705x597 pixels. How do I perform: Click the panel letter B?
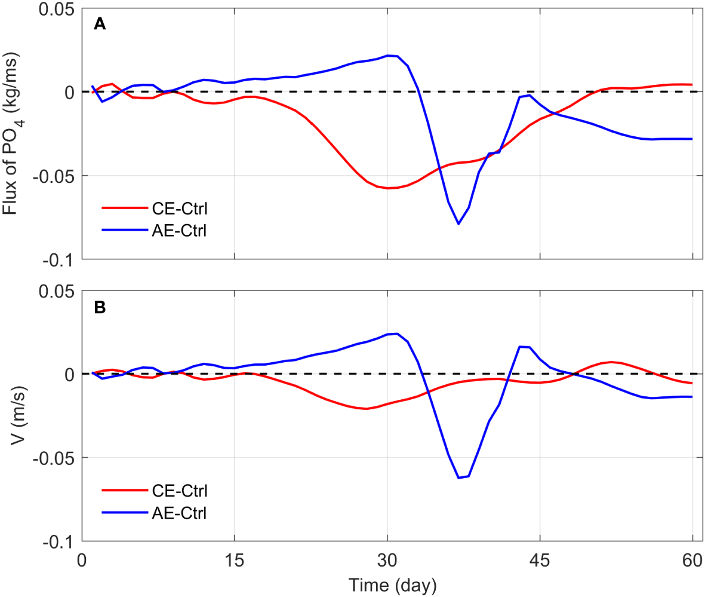click(100, 307)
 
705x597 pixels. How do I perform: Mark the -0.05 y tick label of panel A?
click(55, 176)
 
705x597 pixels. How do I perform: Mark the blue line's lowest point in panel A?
click(458, 224)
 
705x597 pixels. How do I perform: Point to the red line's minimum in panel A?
click(388, 188)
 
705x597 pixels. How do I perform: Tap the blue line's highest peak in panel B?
click(397, 333)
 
